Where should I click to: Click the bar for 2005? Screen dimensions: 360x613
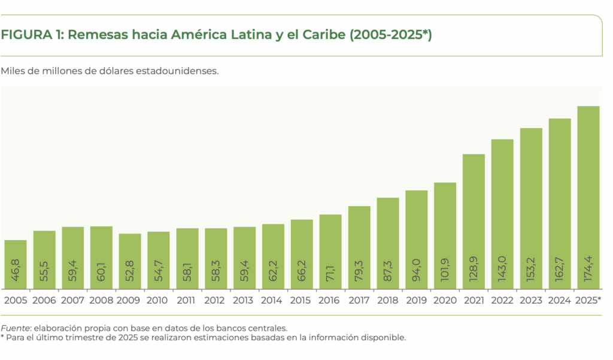click(x=16, y=264)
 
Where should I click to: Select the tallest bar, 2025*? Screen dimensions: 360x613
click(x=588, y=198)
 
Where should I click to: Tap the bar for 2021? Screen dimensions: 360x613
click(x=474, y=222)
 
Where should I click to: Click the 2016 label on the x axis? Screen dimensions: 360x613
click(x=330, y=300)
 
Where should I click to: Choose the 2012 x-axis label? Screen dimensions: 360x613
click(x=216, y=300)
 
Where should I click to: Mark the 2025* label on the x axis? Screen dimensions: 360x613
click(x=588, y=300)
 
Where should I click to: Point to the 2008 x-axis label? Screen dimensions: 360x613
click(x=101, y=300)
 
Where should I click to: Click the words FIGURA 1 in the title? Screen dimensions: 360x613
click(x=31, y=35)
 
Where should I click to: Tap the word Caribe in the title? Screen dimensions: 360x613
click(x=324, y=35)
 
